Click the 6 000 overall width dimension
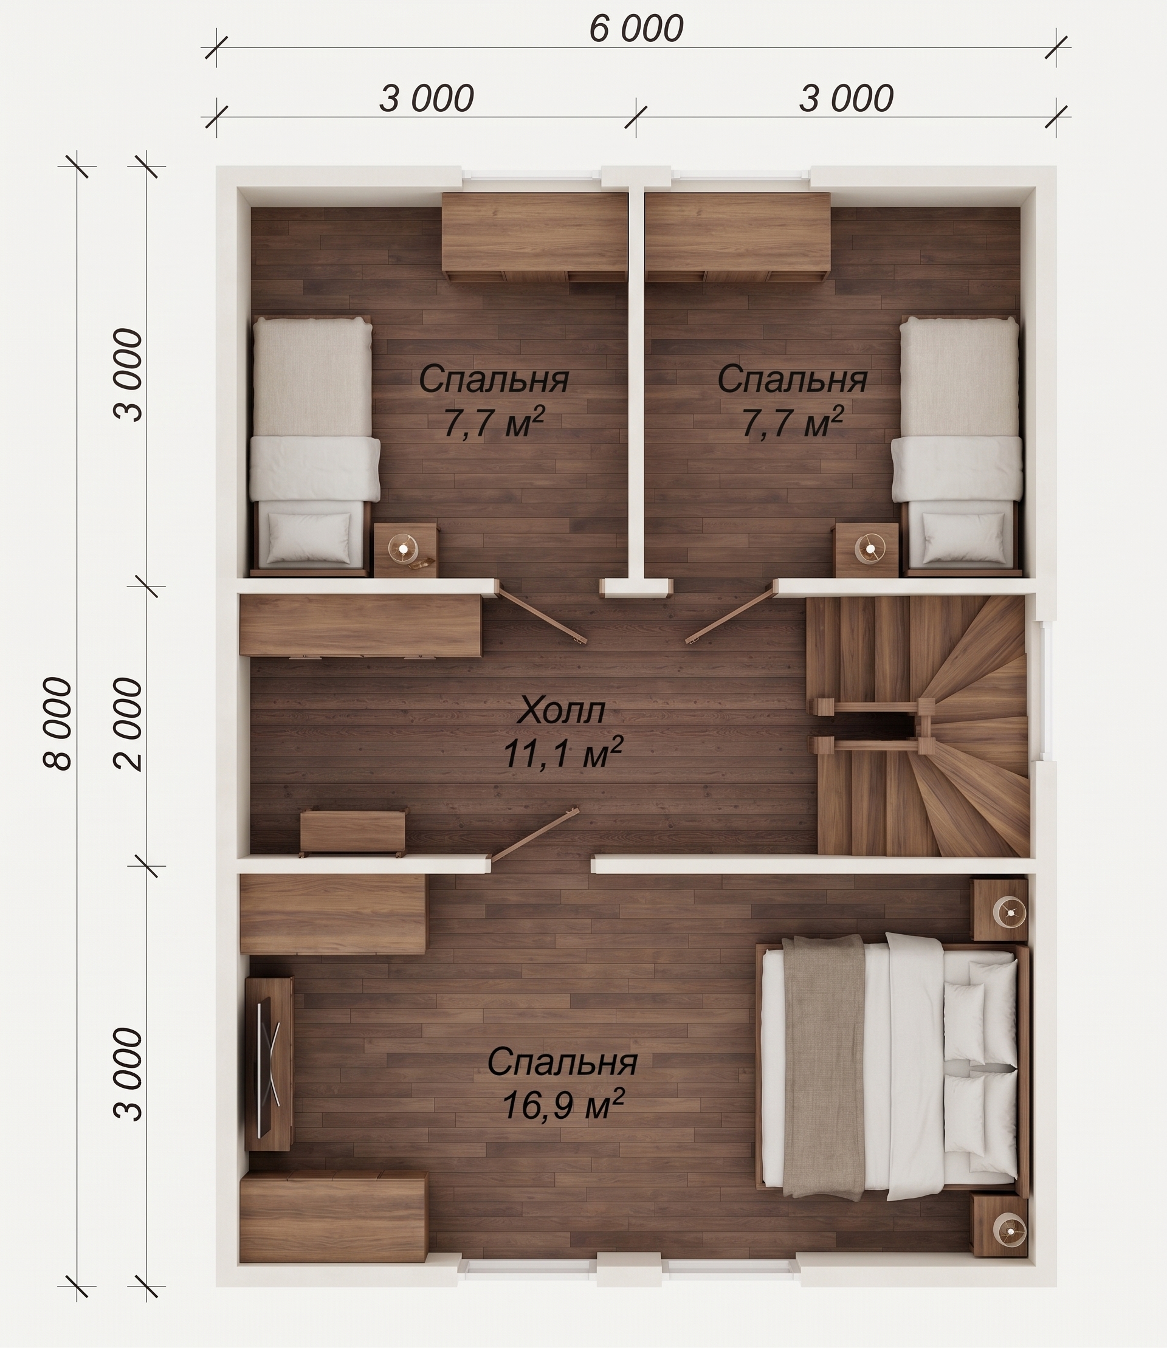pyautogui.click(x=636, y=29)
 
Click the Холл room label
pyautogui.click(x=562, y=710)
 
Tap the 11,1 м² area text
pyautogui.click(x=563, y=752)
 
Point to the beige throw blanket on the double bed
pyautogui.click(x=824, y=1067)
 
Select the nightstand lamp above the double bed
pyautogui.click(x=1010, y=913)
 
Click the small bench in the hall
pyautogui.click(x=353, y=834)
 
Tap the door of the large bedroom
pyautogui.click(x=534, y=835)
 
